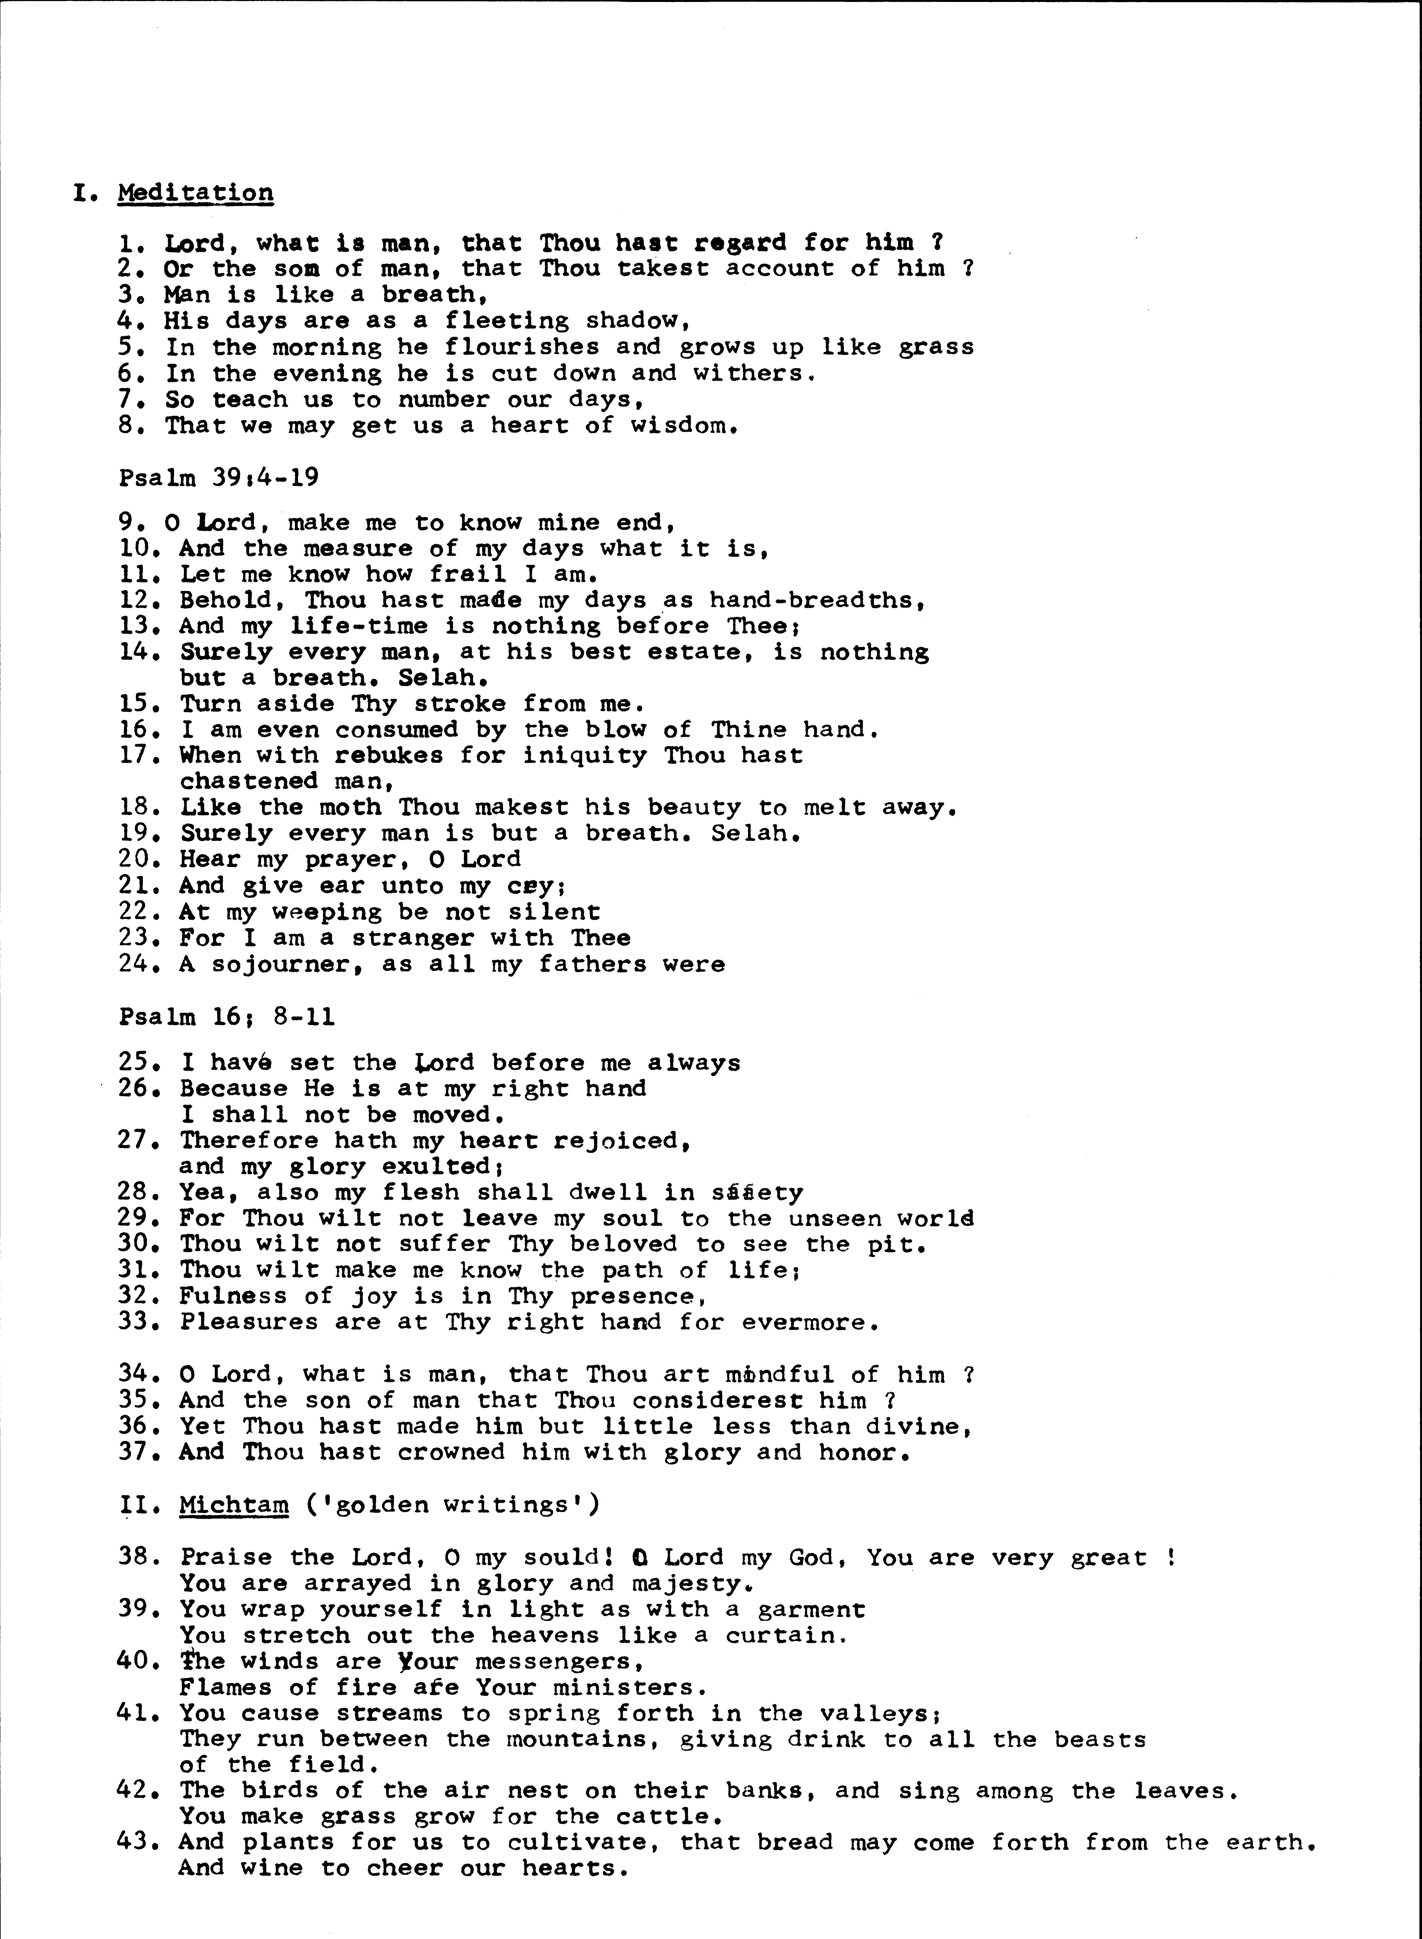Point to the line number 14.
click(138, 652)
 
